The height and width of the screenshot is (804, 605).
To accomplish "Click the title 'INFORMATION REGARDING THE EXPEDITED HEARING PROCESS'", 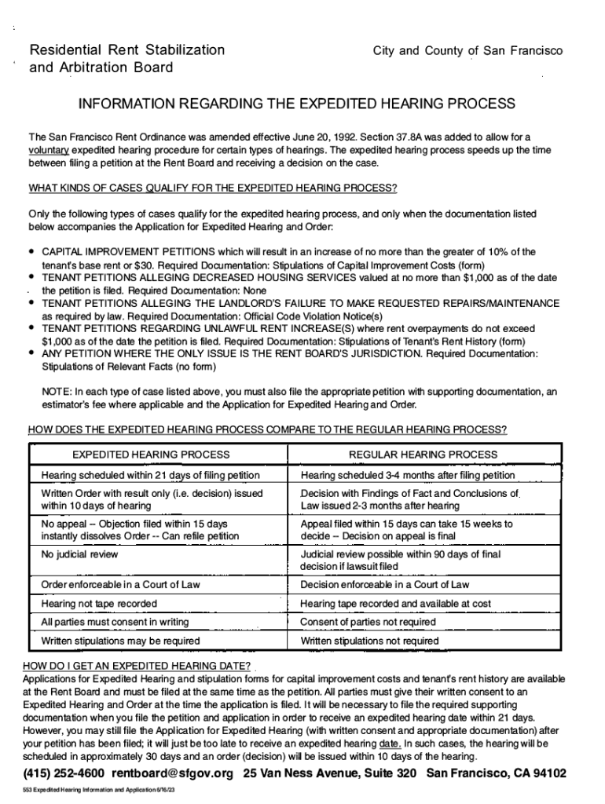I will (x=295, y=104).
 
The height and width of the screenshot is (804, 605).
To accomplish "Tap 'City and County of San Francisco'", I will (x=467, y=51).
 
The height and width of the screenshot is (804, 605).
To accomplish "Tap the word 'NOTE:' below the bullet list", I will (x=57, y=392).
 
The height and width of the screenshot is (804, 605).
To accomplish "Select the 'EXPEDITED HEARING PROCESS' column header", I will (x=151, y=455).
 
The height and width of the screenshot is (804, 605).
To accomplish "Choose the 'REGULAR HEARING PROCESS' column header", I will (x=423, y=455).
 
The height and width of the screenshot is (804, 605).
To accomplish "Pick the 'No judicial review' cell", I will (x=79, y=554).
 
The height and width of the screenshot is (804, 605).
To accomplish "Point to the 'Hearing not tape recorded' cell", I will (x=98, y=604).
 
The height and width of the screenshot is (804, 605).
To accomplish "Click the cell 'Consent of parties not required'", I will (x=368, y=622).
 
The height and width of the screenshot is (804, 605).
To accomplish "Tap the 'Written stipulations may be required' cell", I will (x=120, y=641).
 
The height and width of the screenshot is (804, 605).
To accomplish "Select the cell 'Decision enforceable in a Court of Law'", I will (x=384, y=585).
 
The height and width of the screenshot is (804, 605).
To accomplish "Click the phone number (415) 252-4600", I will (x=64, y=774).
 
